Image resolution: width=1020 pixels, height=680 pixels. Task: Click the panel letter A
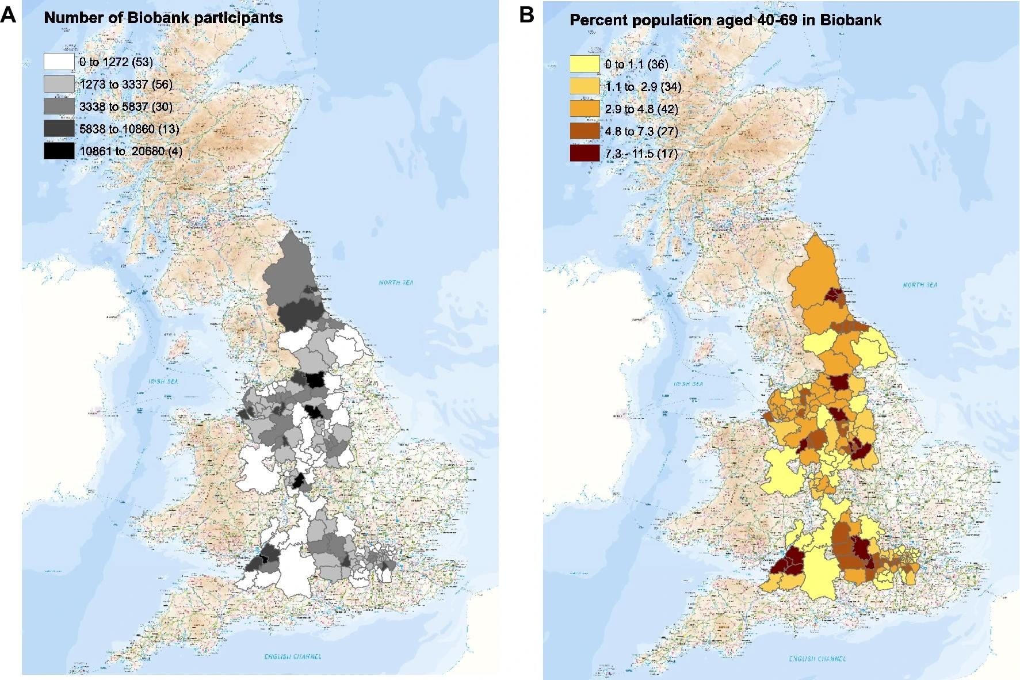click(x=8, y=14)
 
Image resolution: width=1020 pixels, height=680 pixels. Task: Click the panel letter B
click(x=526, y=15)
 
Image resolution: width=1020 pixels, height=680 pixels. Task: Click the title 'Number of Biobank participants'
click(x=163, y=18)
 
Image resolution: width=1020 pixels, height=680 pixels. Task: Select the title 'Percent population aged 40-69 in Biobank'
click(x=725, y=20)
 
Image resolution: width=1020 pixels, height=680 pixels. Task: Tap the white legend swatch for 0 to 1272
click(x=59, y=62)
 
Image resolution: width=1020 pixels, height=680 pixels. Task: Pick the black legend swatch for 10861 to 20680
click(x=59, y=151)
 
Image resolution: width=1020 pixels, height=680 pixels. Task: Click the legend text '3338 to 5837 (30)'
click(x=126, y=106)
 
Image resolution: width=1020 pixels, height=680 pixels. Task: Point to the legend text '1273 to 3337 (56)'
click(x=126, y=85)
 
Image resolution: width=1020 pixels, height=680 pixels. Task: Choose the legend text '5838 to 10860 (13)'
click(x=129, y=129)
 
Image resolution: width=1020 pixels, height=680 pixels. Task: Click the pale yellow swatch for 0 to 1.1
click(x=585, y=64)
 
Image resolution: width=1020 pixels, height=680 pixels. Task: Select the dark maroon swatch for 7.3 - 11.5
click(x=585, y=153)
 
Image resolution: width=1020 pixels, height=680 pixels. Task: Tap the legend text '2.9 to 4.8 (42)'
click(x=641, y=109)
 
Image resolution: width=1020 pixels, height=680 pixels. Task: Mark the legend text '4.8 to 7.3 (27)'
click(x=641, y=131)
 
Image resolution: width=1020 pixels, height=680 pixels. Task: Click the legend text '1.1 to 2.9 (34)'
click(x=643, y=87)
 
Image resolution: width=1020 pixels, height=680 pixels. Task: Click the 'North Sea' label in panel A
click(x=396, y=282)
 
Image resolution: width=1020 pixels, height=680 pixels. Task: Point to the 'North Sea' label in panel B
click(x=919, y=285)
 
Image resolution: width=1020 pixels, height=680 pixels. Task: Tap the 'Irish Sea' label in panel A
click(x=163, y=381)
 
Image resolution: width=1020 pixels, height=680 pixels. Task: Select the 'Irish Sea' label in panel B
click(x=688, y=384)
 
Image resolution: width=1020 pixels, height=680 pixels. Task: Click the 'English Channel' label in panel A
click(x=292, y=656)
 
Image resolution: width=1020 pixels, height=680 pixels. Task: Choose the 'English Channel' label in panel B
click(x=817, y=659)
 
